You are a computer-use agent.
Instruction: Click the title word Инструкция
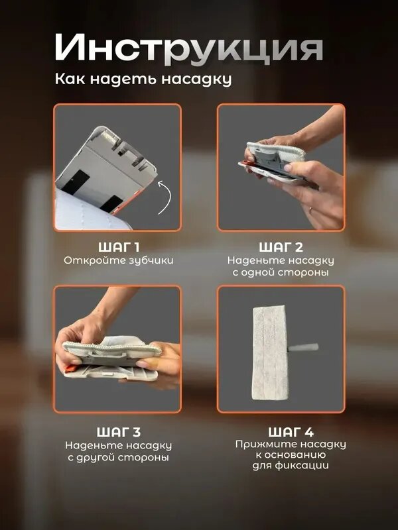pyautogui.click(x=189, y=49)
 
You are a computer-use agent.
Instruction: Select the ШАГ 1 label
pyautogui.click(x=119, y=247)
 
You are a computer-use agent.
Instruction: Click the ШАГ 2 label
pyautogui.click(x=281, y=247)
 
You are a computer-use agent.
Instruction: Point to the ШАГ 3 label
pyautogui.click(x=119, y=432)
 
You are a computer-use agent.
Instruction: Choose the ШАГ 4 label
pyautogui.click(x=291, y=432)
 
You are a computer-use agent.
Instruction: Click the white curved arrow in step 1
pyautogui.click(x=166, y=197)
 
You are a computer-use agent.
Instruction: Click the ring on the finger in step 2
pyautogui.click(x=311, y=209)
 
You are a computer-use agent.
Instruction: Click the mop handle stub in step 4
pyautogui.click(x=303, y=348)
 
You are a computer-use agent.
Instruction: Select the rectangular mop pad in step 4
pyautogui.click(x=271, y=352)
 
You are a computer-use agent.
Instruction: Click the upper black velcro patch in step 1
pyautogui.click(x=76, y=182)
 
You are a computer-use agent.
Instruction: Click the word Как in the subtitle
pyautogui.click(x=70, y=79)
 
